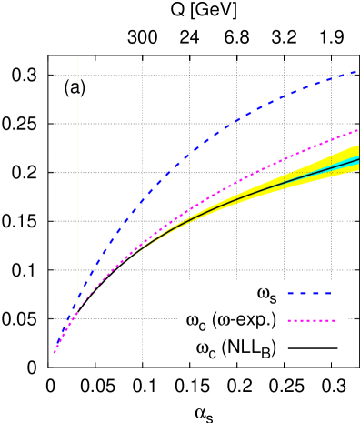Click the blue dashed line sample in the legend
309,293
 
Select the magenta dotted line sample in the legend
311,320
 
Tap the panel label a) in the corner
80,88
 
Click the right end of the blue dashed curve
357,71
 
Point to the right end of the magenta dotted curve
358,130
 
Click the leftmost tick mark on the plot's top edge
95,58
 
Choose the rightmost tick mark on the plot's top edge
331,58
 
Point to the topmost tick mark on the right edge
356,75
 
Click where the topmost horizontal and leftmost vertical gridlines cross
95,75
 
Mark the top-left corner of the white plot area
77,56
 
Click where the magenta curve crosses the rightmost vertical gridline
331,140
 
